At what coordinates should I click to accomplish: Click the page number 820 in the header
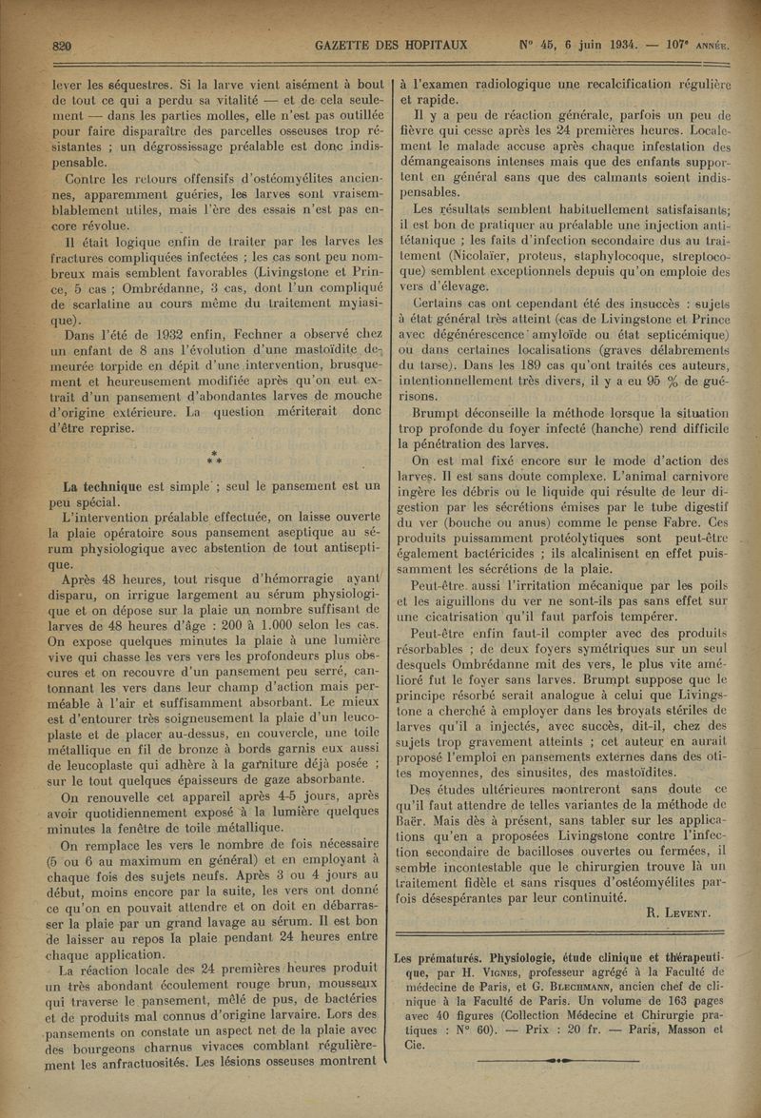tap(64, 45)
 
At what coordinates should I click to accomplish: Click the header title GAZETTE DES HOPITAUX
tap(324, 45)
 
